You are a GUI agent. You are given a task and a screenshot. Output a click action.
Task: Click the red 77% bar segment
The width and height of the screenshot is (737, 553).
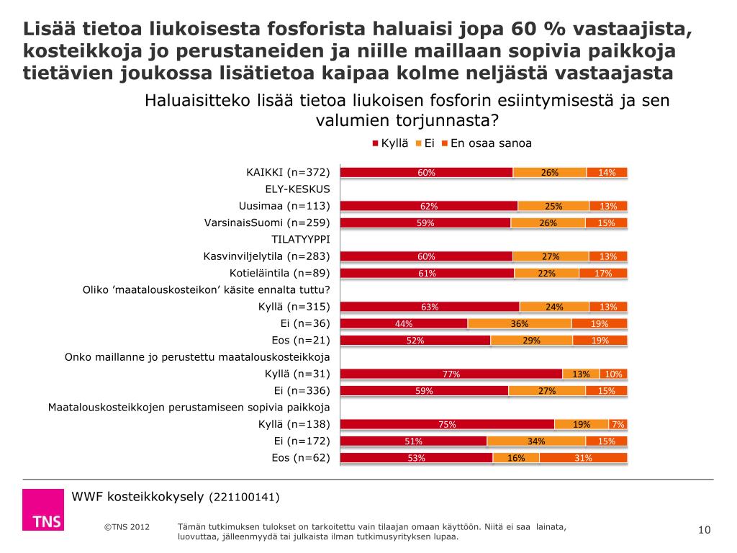pyautogui.click(x=451, y=374)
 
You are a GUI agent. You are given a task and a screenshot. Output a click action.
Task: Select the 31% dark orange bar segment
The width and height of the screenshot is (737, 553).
pyautogui.click(x=583, y=458)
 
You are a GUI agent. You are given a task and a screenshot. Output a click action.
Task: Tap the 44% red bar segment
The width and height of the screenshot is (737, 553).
pyautogui.click(x=404, y=323)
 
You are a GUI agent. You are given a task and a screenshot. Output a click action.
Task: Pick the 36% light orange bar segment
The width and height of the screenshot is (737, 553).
pyautogui.click(x=520, y=323)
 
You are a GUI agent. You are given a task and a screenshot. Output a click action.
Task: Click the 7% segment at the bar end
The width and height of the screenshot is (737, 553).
pyautogui.click(x=618, y=424)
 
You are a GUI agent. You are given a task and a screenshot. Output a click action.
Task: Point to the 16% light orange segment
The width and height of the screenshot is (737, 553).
pyautogui.click(x=516, y=458)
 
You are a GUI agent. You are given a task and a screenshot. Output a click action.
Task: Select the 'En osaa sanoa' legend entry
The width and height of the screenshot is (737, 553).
pyautogui.click(x=487, y=143)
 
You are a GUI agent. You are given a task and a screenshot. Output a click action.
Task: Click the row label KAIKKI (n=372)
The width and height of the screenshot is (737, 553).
pyautogui.click(x=288, y=172)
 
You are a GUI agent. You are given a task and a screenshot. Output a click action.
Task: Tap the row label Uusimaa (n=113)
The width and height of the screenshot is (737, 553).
pyautogui.click(x=284, y=206)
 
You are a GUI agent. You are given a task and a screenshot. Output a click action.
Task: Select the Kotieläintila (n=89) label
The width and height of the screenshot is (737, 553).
pyautogui.click(x=279, y=273)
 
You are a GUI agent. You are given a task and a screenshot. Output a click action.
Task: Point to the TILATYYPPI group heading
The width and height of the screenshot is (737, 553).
pyautogui.click(x=300, y=239)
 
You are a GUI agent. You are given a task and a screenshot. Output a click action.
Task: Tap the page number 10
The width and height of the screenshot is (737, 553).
pyautogui.click(x=705, y=531)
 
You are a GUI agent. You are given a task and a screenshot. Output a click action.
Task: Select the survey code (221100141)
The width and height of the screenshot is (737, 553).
pyautogui.click(x=244, y=498)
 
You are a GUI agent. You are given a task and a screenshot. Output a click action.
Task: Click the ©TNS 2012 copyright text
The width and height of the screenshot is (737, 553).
pyautogui.click(x=127, y=527)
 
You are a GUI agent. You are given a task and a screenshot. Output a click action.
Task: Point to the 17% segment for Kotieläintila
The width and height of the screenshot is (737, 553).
pyautogui.click(x=603, y=273)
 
